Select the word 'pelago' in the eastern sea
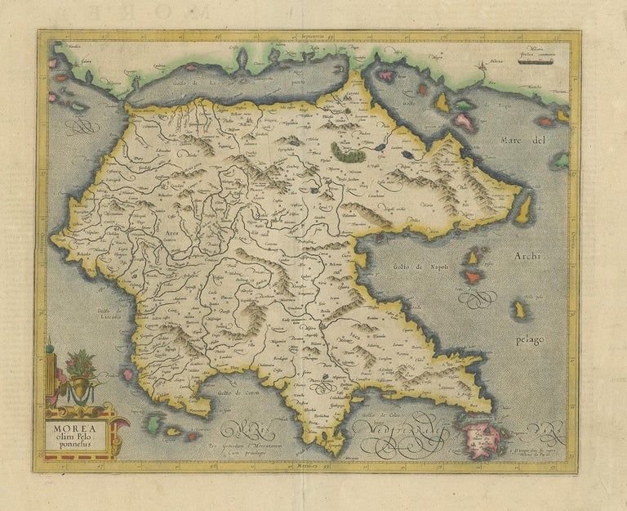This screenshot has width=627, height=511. tap(530, 338)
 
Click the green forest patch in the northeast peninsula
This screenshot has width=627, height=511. tap(350, 150)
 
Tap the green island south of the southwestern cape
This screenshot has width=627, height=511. tap(153, 424)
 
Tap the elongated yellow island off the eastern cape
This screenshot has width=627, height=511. tap(523, 209)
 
